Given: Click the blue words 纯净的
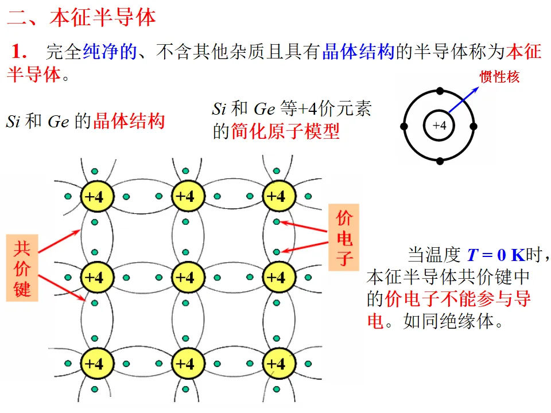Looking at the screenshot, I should tap(110, 52).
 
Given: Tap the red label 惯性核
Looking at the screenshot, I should tap(499, 76).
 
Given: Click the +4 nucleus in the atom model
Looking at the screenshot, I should tap(440, 126).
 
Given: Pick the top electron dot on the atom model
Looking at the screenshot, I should tap(440, 91).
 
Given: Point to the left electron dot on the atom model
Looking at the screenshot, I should tap(404, 126).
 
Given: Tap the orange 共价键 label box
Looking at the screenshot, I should tap(22, 267).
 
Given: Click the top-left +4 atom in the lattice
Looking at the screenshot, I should tap(94, 197).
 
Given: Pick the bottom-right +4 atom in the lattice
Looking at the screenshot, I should tap(277, 363).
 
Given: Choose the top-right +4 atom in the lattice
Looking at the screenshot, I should tap(277, 197).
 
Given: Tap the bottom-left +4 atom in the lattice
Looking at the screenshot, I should tap(94, 363).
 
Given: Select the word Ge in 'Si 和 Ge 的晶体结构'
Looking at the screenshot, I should tap(58, 122).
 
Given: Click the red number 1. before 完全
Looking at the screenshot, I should tap(20, 52).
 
